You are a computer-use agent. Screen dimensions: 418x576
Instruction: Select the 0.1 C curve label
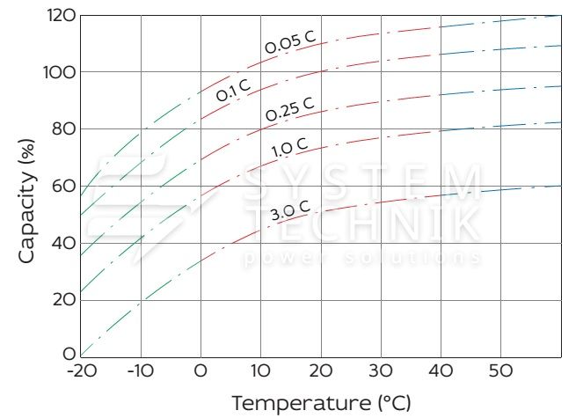click(234, 89)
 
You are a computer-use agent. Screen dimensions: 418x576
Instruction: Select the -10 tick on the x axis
click(140, 371)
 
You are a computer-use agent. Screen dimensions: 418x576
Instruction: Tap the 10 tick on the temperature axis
click(260, 371)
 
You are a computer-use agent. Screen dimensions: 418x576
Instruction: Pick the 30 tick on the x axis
click(381, 371)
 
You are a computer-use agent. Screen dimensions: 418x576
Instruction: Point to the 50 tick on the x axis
click(500, 371)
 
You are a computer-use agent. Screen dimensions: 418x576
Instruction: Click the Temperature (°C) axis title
click(321, 403)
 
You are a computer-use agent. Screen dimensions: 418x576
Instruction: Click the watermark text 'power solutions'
click(361, 258)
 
